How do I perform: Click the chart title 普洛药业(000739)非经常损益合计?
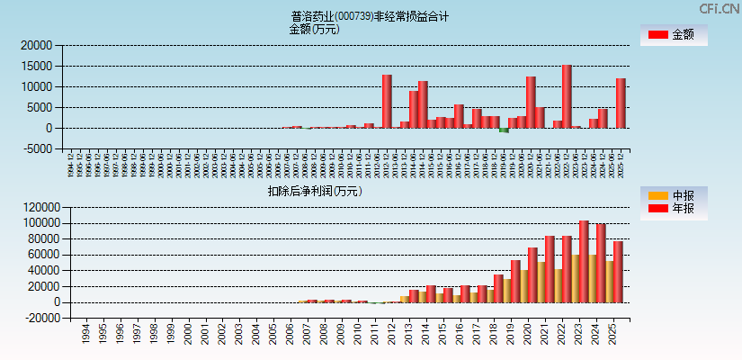tap(370, 16)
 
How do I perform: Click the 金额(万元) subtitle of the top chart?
tap(314, 29)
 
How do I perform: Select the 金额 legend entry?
tap(674, 35)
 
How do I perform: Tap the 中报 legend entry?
tap(674, 195)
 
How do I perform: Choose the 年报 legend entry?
tap(674, 209)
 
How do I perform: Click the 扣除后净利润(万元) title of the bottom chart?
tap(314, 191)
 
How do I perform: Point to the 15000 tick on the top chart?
tap(37, 66)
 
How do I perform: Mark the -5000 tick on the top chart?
tap(37, 149)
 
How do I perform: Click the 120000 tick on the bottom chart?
tap(34, 206)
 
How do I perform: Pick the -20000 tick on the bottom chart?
tap(34, 319)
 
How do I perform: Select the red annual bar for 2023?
tap(584, 261)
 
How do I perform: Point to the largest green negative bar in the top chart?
tap(504, 130)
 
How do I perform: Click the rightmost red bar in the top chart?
tap(621, 103)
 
